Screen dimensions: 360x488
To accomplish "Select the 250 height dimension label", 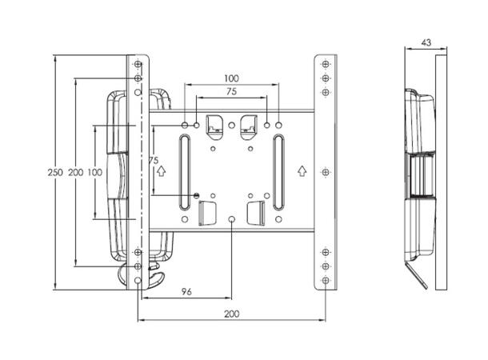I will [54, 173].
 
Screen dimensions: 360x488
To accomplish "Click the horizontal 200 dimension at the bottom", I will [231, 314].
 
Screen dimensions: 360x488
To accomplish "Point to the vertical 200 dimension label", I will [74, 173].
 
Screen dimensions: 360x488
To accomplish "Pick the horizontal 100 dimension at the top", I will [232, 78].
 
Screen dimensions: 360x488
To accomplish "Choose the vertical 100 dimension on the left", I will [94, 173].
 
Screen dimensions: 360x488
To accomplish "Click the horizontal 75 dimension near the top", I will [232, 93].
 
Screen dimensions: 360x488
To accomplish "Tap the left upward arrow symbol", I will [161, 170].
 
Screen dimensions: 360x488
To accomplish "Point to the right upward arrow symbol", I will [302, 170].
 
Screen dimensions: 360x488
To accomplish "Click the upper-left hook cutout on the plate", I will [214, 124].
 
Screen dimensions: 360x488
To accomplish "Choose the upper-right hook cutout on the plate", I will [249, 124].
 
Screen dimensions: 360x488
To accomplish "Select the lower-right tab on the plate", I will [258, 212].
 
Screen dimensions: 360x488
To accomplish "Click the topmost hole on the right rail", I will [325, 64].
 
